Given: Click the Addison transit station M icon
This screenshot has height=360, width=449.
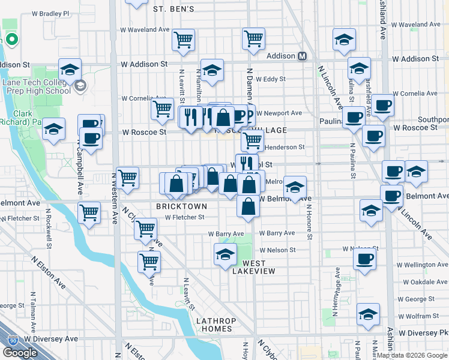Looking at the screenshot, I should pos(302,56).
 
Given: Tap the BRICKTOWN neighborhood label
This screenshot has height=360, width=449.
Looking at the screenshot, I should pos(181,206).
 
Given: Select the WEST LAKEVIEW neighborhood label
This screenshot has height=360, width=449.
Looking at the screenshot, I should pos(259,267).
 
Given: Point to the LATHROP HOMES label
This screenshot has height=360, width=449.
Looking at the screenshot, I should pos(214,325).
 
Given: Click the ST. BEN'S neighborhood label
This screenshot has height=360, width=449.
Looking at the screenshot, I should pos(173,9).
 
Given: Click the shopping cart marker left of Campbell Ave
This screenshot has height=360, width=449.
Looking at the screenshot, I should pos(89,212).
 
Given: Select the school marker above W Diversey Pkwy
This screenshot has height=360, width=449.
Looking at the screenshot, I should pos(368,313).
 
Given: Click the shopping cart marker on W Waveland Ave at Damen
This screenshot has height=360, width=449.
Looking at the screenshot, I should pos(253,38).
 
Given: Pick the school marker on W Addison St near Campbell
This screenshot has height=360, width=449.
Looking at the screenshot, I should pos(70,69).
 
